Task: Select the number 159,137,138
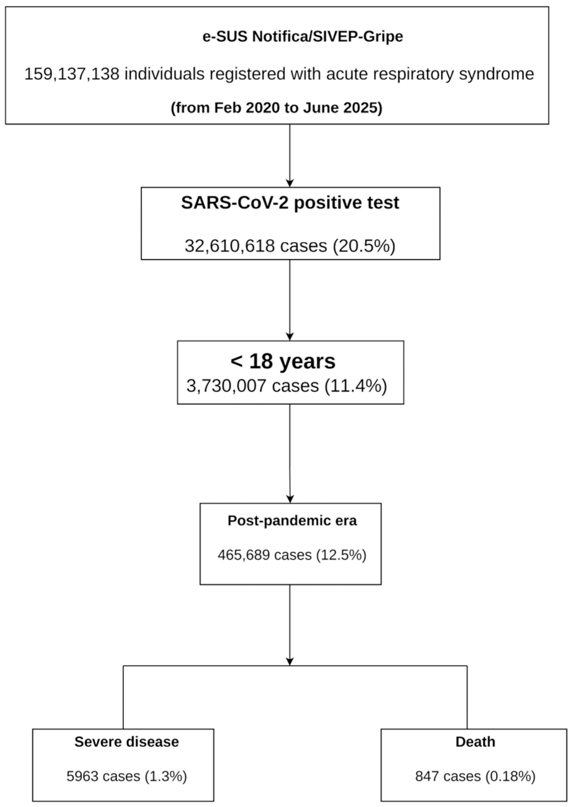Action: click(72, 74)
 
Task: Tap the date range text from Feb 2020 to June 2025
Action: click(276, 108)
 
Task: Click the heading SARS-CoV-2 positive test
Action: click(290, 203)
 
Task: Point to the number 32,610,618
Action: click(230, 245)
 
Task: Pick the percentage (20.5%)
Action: click(364, 246)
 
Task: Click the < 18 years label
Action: click(283, 361)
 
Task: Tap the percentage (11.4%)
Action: click(356, 386)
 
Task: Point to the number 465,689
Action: click(244, 555)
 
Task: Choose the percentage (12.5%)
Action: click(341, 555)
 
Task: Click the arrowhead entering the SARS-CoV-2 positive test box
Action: click(289, 183)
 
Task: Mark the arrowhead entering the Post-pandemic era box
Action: click(290, 499)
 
